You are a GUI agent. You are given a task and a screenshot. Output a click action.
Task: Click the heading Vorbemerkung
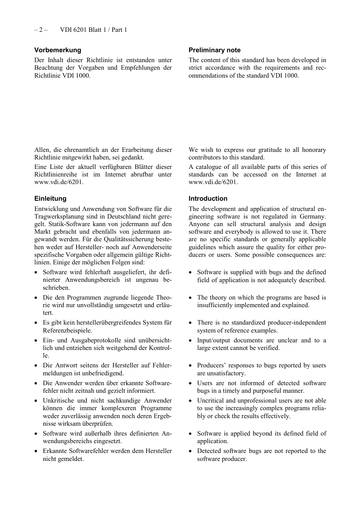(58, 50)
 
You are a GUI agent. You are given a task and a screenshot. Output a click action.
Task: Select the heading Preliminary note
(214, 50)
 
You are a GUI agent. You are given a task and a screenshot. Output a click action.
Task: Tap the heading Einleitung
(50, 198)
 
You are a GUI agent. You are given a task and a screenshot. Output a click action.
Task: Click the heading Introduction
(208, 198)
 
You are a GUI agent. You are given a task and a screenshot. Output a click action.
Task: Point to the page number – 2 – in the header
(41, 30)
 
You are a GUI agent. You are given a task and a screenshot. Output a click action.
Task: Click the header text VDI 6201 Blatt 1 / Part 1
(94, 30)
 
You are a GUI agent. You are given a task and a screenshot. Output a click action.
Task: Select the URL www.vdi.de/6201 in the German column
(58, 182)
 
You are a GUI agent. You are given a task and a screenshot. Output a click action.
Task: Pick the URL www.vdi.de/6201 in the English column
(213, 182)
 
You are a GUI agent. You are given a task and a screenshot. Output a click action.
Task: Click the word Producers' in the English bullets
(211, 365)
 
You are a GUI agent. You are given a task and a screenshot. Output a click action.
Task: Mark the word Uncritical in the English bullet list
(211, 401)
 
